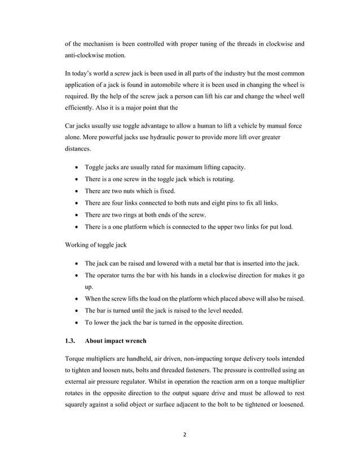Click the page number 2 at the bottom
coord(180,435)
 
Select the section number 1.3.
coord(71,341)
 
